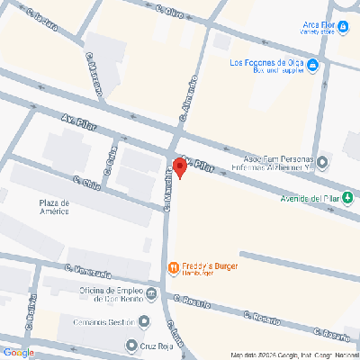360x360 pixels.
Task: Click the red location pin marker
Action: click(178, 168)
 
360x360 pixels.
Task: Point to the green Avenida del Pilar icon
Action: click(347, 197)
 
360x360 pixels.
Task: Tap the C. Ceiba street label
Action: click(110, 159)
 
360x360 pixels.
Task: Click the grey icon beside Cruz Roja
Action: click(130, 345)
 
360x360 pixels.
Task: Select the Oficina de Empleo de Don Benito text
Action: click(105, 296)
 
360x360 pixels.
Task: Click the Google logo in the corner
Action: click(19, 352)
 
